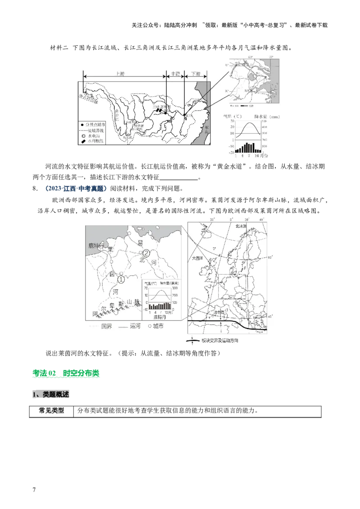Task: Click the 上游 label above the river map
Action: [x=120, y=73]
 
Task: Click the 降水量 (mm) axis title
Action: [x=267, y=117]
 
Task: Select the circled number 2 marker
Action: [x=146, y=253]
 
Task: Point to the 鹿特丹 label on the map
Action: [x=96, y=246]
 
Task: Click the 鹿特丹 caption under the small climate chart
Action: [x=160, y=317]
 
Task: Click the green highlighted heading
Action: [x=67, y=374]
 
